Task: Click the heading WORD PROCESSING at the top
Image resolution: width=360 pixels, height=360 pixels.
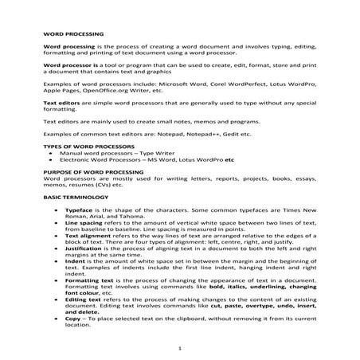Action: [72, 36]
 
